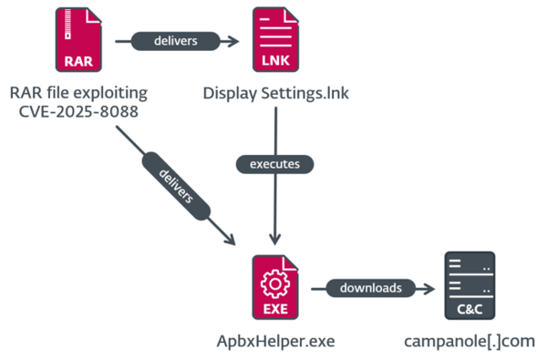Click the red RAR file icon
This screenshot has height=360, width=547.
click(78, 42)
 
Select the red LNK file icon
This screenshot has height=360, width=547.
click(274, 42)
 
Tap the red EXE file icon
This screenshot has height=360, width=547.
click(274, 287)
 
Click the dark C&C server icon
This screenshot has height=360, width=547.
click(469, 287)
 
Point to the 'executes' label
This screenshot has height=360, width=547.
click(274, 165)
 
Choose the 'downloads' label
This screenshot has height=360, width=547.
click(370, 288)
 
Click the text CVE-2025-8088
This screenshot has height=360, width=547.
click(78, 111)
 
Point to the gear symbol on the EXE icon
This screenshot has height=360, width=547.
click(274, 282)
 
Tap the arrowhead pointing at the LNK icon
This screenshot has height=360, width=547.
click(235, 41)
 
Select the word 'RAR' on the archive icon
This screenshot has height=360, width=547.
click(78, 62)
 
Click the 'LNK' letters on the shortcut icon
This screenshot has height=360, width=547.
click(274, 62)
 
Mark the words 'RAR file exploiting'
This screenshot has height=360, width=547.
click(78, 93)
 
